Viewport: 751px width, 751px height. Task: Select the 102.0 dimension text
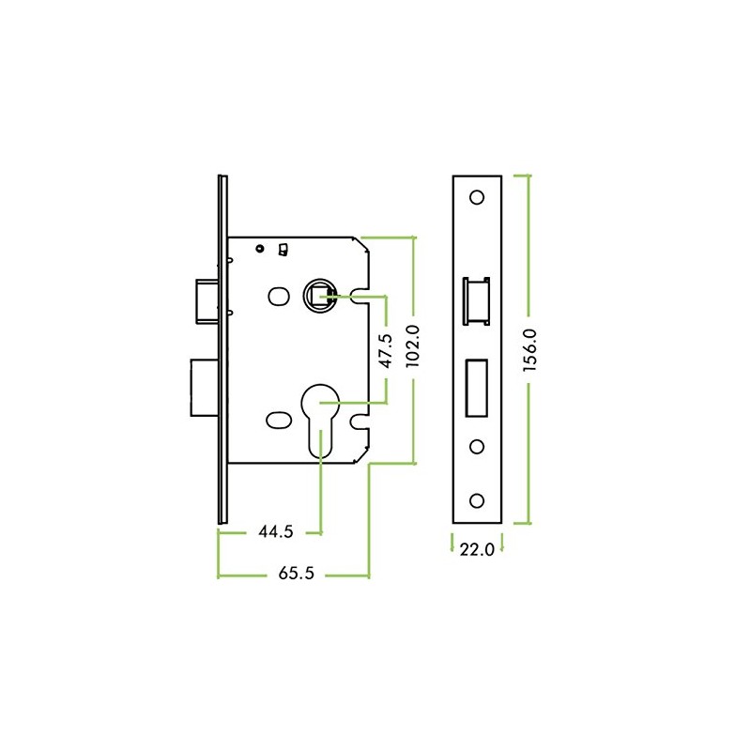click(410, 348)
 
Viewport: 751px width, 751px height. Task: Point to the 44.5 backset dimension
click(276, 532)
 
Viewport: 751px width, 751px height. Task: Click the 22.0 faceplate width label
click(477, 549)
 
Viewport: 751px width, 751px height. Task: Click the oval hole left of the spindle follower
click(278, 298)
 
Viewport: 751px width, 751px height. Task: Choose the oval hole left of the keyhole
click(278, 418)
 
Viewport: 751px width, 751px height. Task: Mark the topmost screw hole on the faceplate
click(477, 198)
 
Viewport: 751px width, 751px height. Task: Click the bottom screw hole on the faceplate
click(477, 498)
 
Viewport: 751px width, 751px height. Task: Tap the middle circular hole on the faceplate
click(477, 446)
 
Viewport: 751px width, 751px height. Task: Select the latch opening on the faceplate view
click(477, 299)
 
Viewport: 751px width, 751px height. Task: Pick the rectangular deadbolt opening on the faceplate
click(477, 386)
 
